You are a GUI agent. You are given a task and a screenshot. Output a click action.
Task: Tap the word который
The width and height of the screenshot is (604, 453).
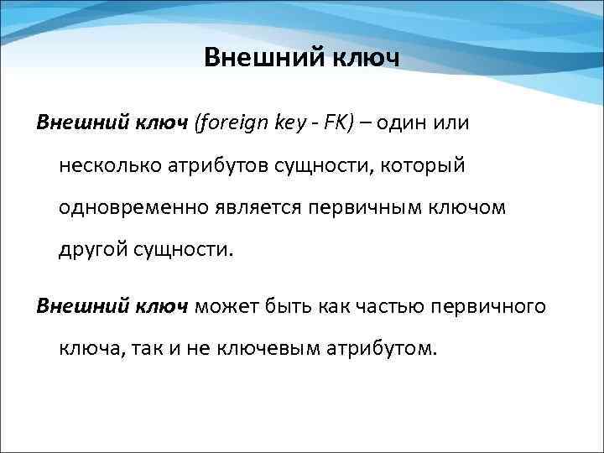(x=423, y=166)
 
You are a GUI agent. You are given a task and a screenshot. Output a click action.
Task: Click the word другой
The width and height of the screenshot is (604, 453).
(x=91, y=249)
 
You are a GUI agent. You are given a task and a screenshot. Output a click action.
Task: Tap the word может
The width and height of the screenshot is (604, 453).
(x=226, y=307)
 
